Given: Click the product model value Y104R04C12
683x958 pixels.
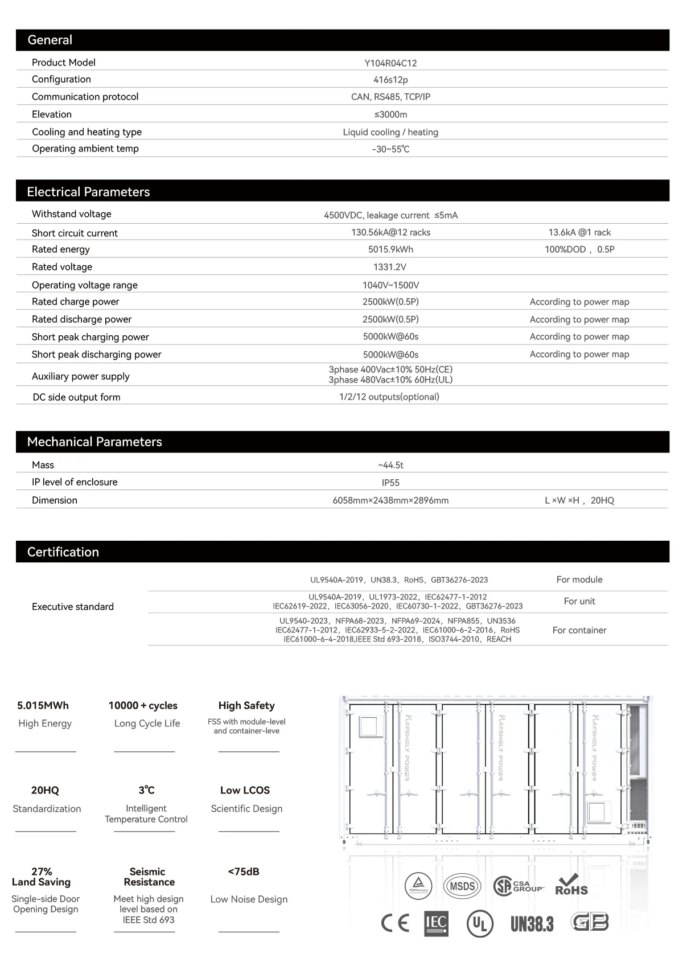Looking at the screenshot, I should pyautogui.click(x=390, y=63).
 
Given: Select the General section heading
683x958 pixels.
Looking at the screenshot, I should pyautogui.click(x=50, y=40).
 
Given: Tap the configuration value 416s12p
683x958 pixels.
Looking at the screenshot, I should pyautogui.click(x=390, y=80).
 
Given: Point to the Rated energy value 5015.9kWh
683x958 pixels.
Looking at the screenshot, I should pyautogui.click(x=390, y=249).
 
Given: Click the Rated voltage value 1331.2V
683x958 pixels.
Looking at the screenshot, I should pyautogui.click(x=390, y=267).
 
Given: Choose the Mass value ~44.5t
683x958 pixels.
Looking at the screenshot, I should pyautogui.click(x=390, y=465).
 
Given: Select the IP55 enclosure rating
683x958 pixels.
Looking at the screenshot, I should pyautogui.click(x=390, y=483).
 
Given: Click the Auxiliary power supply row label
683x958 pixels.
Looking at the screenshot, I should pyautogui.click(x=81, y=376).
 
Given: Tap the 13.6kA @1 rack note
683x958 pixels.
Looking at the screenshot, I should pyautogui.click(x=579, y=232).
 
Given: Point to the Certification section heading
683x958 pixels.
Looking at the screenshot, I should pyautogui.click(x=63, y=552).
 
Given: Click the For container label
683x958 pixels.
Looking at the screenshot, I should pyautogui.click(x=579, y=630).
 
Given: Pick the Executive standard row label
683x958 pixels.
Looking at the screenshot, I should pyautogui.click(x=73, y=607).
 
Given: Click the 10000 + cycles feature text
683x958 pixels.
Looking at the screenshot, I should pyautogui.click(x=143, y=706).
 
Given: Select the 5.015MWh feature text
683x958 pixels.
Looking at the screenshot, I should pyautogui.click(x=43, y=706).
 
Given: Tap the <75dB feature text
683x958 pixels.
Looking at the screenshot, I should pyautogui.click(x=244, y=872).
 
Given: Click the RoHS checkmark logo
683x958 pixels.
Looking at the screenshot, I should pyautogui.click(x=571, y=885).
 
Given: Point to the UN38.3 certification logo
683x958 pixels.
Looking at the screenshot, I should pyautogui.click(x=532, y=923).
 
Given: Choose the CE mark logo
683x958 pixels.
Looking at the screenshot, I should pyautogui.click(x=395, y=923).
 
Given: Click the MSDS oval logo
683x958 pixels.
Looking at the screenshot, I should pyautogui.click(x=462, y=886).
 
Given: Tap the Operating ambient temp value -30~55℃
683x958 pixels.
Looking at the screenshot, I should pyautogui.click(x=390, y=149).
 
